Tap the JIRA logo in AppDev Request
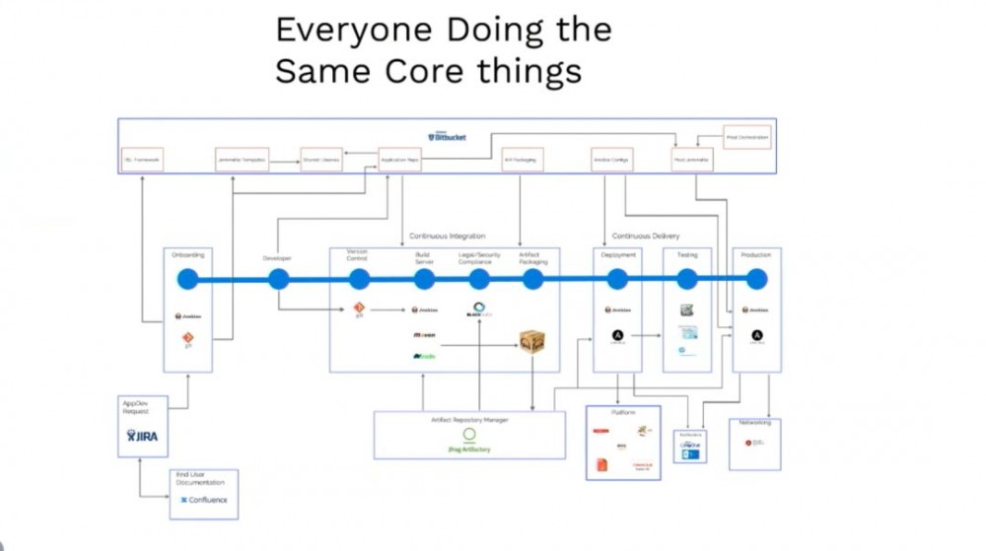[143, 434]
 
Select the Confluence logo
[203, 500]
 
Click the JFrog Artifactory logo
[469, 439]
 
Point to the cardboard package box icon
[532, 342]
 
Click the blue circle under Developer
[278, 280]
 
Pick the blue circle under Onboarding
[187, 280]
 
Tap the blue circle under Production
[756, 280]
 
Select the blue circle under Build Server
[424, 280]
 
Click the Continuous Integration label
[447, 237]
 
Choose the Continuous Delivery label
[645, 237]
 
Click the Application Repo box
[399, 160]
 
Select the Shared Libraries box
[320, 160]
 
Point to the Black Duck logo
[479, 310]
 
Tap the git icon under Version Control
[359, 310]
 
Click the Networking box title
[754, 422]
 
